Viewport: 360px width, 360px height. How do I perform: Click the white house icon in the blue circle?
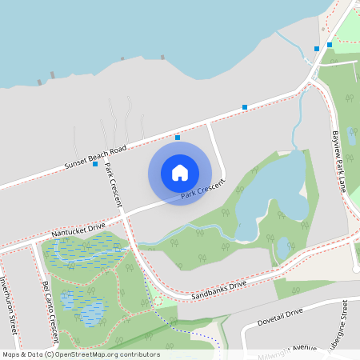click(180, 173)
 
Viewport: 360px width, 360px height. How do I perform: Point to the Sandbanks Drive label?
click(218, 290)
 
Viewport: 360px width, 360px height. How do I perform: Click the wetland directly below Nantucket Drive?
click(82, 254)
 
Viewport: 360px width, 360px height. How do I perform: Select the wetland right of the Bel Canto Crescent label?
click(83, 307)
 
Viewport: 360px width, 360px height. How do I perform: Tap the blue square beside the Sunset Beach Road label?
click(95, 165)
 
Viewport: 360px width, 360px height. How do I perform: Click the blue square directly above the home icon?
click(178, 138)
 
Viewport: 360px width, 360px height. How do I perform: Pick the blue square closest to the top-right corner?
click(330, 45)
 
